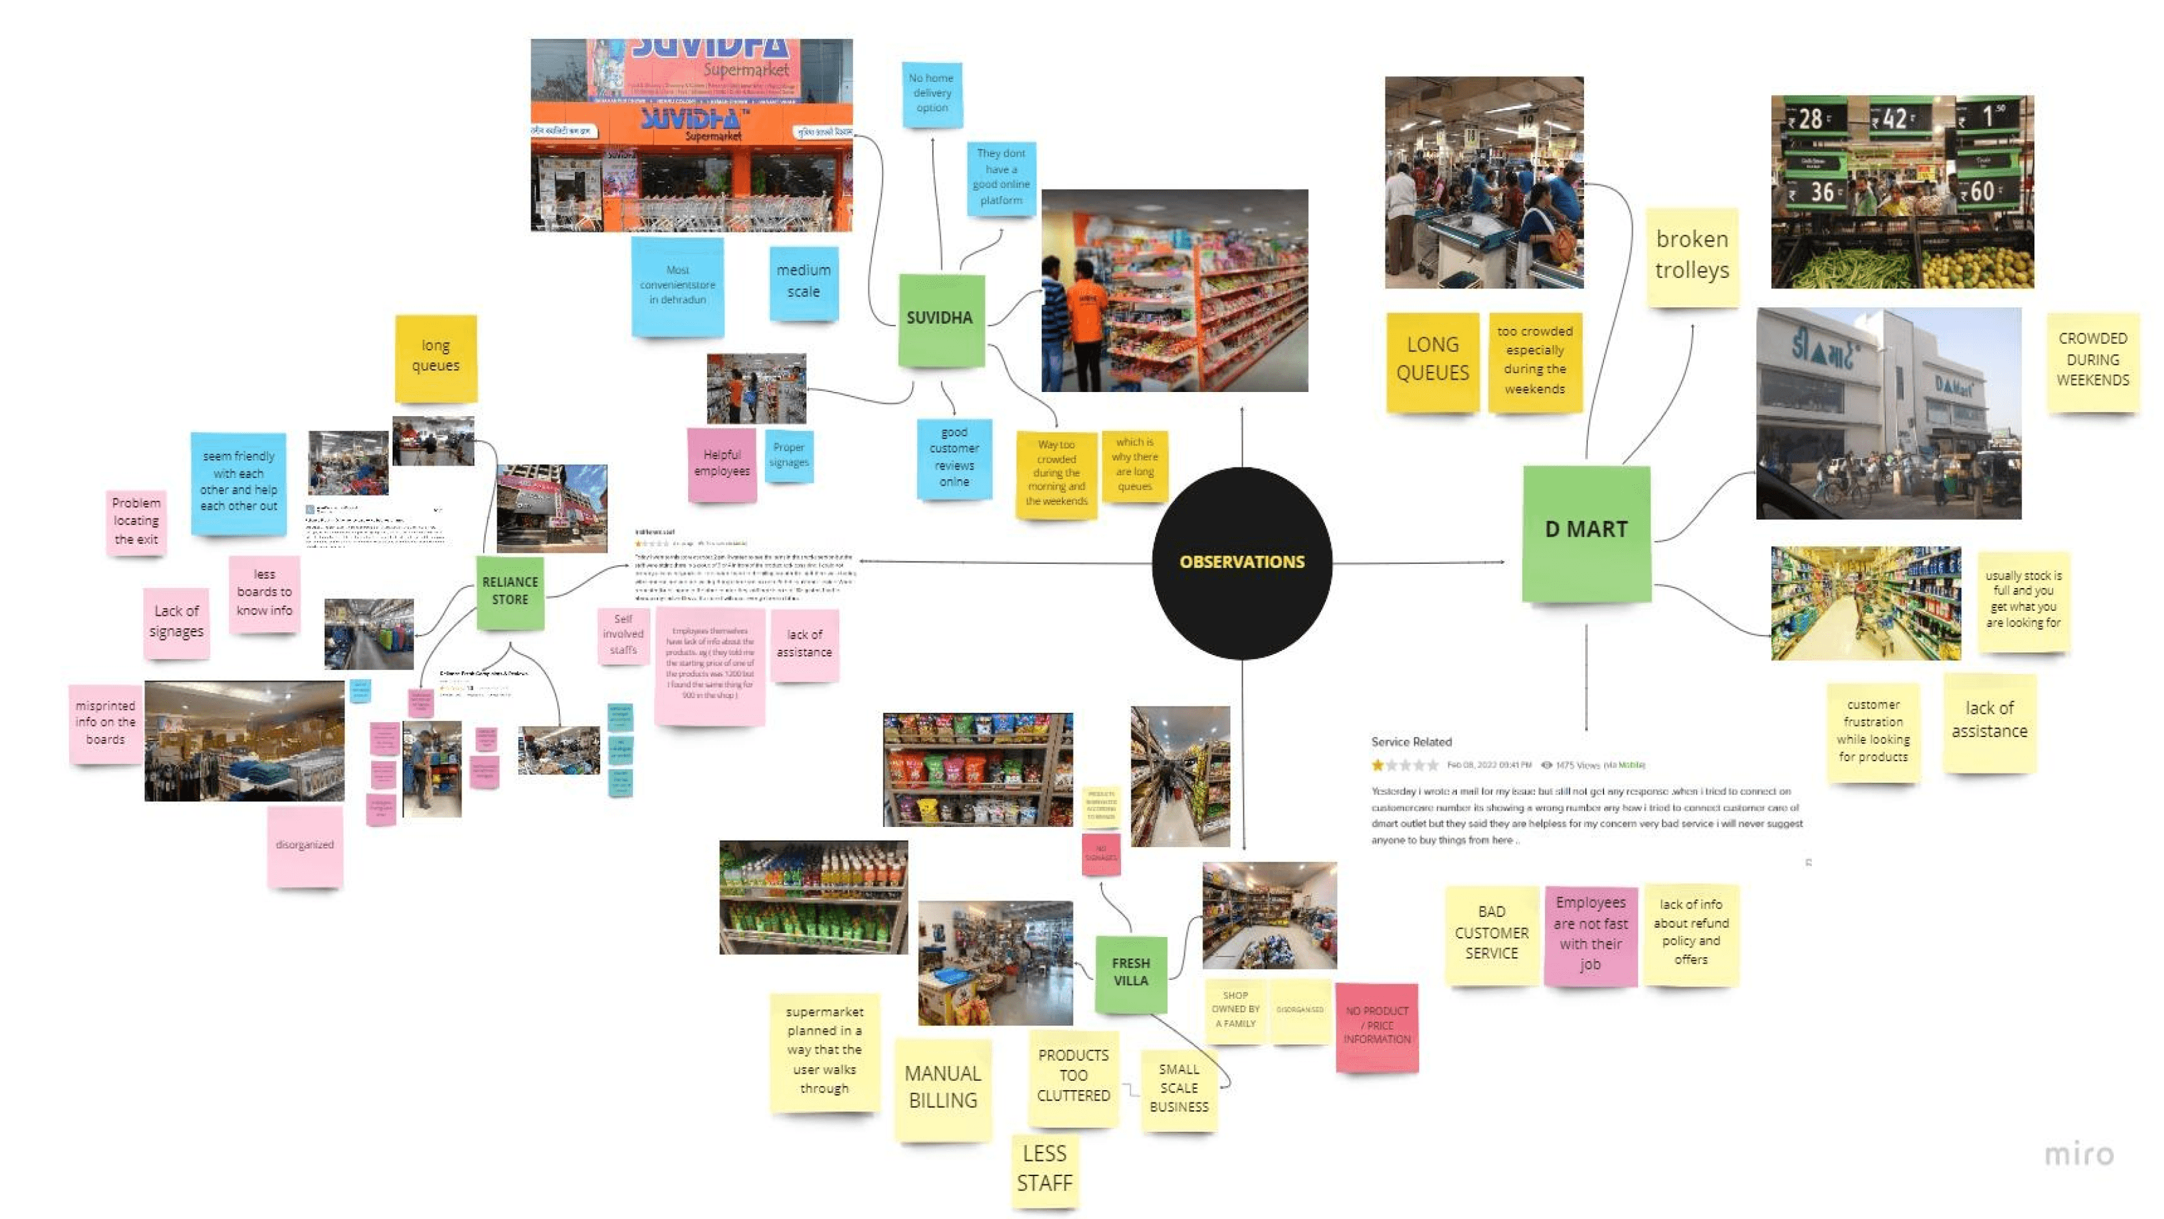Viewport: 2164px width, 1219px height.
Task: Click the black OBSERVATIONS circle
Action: click(1242, 562)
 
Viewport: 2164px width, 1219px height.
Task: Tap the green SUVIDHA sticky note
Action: click(940, 319)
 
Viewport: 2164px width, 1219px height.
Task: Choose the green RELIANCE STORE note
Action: click(510, 591)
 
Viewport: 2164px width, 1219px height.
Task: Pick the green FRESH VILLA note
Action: click(1131, 973)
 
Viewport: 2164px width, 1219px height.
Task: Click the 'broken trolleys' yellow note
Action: click(1692, 255)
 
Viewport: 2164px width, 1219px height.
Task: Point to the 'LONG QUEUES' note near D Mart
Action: click(1432, 359)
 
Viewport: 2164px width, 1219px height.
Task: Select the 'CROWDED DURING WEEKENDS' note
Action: click(2092, 360)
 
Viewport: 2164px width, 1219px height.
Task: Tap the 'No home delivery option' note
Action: click(932, 93)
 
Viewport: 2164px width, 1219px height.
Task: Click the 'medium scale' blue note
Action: click(803, 281)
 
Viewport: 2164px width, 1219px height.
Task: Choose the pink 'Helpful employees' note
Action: click(721, 464)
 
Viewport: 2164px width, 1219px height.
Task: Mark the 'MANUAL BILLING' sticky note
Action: click(943, 1088)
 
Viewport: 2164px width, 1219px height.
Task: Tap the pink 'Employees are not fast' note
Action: click(1590, 934)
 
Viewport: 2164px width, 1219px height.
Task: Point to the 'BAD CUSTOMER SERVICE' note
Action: click(1491, 933)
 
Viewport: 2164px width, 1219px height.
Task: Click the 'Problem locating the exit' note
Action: click(136, 522)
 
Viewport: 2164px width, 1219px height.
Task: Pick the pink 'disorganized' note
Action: click(305, 845)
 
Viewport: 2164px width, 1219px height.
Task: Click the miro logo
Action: click(2078, 1155)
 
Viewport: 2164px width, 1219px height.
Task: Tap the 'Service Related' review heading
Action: click(1411, 742)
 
